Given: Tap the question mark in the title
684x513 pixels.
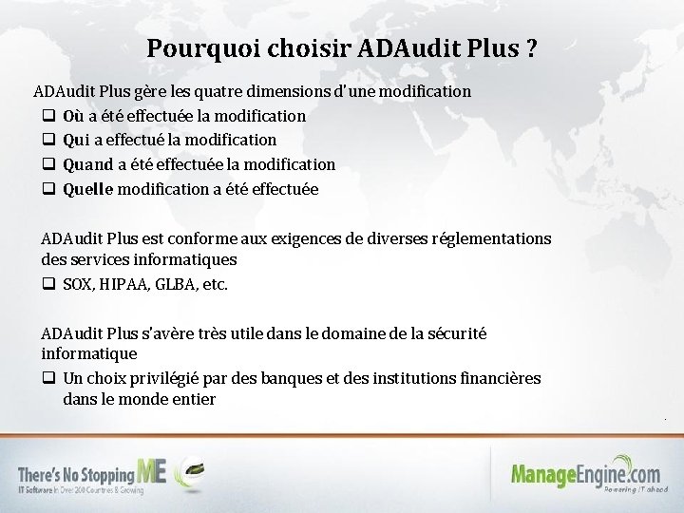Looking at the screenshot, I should (529, 48).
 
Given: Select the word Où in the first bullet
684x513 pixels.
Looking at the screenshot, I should (72, 116).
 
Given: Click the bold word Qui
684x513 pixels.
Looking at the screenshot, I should (76, 141).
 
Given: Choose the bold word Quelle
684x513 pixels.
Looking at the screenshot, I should (87, 189).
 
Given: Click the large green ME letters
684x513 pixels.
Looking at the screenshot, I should (152, 469).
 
